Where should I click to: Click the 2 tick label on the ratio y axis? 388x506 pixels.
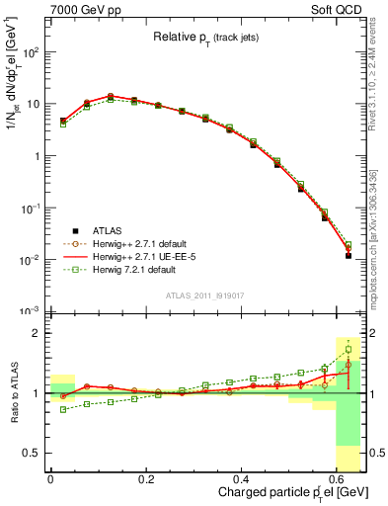click(x=37, y=333)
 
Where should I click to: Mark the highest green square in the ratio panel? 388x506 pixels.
click(x=348, y=349)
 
